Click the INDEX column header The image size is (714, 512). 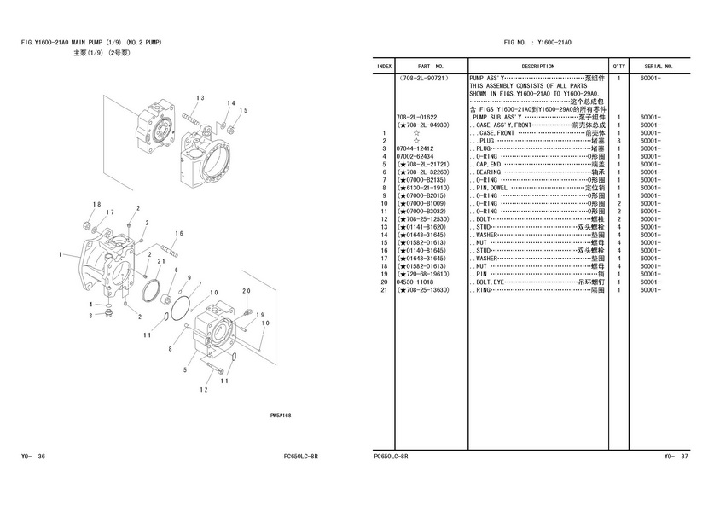click(x=385, y=66)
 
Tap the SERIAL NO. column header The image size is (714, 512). click(x=659, y=66)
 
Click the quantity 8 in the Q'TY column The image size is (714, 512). click(x=618, y=141)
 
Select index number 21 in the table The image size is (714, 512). click(x=385, y=290)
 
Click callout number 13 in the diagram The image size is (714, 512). click(x=200, y=98)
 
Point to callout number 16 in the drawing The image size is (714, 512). click(x=178, y=233)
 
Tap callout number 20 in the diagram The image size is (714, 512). click(x=246, y=291)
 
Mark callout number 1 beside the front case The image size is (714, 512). click(x=61, y=254)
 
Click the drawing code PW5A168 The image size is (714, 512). click(x=281, y=415)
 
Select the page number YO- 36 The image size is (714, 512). click(x=33, y=457)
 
